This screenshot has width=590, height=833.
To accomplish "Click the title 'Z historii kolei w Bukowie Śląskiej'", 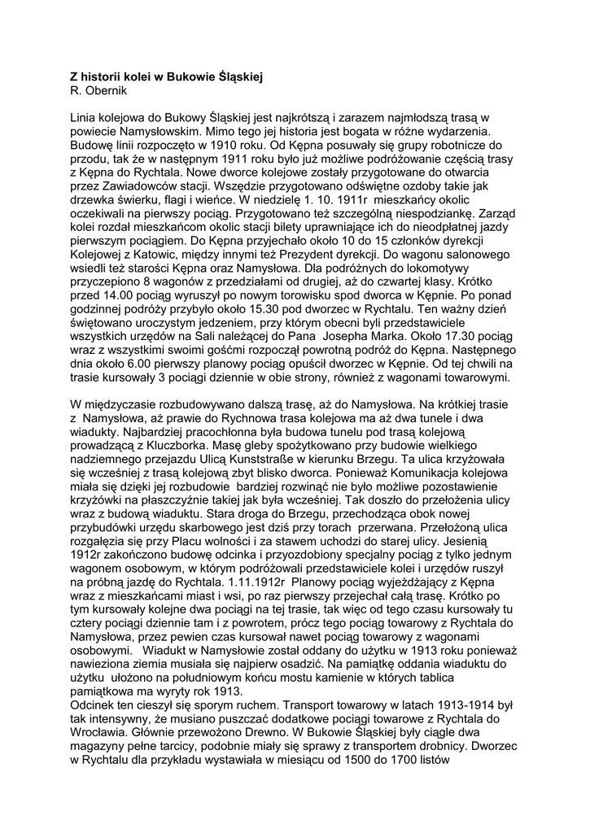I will (x=167, y=76).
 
